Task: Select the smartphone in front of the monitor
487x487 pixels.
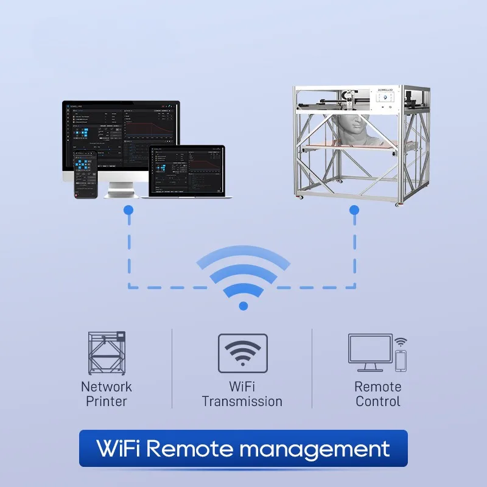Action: (x=85, y=173)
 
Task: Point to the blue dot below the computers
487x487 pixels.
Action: (x=128, y=209)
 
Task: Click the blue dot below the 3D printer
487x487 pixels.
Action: (x=354, y=209)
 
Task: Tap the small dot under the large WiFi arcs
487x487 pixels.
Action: (x=243, y=306)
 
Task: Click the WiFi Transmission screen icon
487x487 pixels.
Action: (x=242, y=353)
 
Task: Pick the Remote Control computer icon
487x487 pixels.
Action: (x=371, y=352)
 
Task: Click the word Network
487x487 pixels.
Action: (x=106, y=387)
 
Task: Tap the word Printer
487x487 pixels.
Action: (x=106, y=401)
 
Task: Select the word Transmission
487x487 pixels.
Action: (x=242, y=401)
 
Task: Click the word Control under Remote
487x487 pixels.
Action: (x=377, y=401)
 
